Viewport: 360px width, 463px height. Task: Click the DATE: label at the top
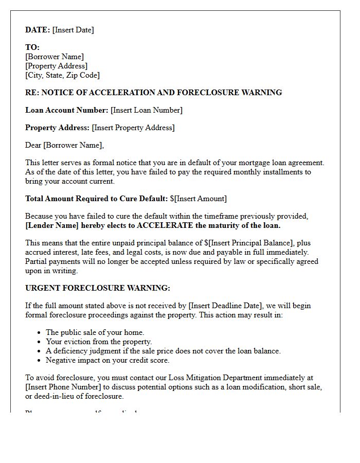(x=38, y=30)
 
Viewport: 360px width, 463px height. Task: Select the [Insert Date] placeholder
(x=73, y=30)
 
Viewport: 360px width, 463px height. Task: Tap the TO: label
(x=32, y=47)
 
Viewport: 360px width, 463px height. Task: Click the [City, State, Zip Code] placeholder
(x=62, y=75)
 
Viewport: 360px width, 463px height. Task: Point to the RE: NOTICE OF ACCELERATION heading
(x=153, y=93)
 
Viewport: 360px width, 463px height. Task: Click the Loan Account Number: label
(x=67, y=110)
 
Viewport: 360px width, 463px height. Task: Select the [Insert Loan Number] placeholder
(x=147, y=110)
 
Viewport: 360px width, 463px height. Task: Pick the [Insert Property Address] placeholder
(x=133, y=128)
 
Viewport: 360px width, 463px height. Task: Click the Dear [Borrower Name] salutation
(x=64, y=145)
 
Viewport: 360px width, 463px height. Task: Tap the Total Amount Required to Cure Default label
(x=96, y=199)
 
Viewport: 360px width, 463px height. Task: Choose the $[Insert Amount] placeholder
(x=199, y=199)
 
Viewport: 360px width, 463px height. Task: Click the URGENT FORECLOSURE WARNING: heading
(x=98, y=288)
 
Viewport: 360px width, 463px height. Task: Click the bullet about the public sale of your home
(x=95, y=332)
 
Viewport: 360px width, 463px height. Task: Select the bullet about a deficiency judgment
(x=163, y=351)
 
